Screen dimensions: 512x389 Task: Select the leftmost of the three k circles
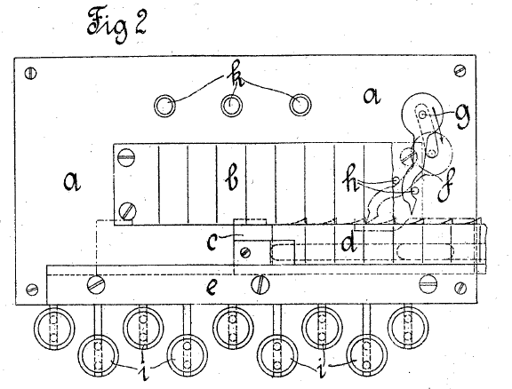[x=164, y=106]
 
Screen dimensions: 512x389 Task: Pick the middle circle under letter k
[x=232, y=105]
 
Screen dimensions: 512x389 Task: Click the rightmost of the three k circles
[x=300, y=105]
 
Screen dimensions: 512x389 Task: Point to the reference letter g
[x=462, y=115]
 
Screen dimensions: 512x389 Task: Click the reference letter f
[x=445, y=187]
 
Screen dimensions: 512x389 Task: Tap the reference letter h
[x=350, y=178]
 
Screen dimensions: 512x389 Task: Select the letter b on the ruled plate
[x=232, y=179]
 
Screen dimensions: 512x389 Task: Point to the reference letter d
[x=348, y=242]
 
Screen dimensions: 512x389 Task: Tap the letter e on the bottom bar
[x=212, y=288]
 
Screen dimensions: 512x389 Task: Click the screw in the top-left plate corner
[x=31, y=73]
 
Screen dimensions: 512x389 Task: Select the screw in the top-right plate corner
[x=460, y=70]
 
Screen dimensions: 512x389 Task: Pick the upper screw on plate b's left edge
[x=126, y=157]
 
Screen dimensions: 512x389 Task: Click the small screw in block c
[x=245, y=252]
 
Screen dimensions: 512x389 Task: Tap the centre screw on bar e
[x=260, y=284]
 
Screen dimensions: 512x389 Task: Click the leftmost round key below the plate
[x=54, y=328]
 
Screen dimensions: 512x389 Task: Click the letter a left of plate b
[x=72, y=181]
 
